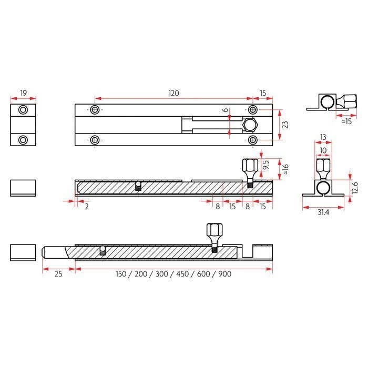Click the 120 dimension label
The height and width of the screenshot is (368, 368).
click(x=173, y=93)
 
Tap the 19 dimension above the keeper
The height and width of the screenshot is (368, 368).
click(x=24, y=93)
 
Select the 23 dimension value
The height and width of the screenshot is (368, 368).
click(x=285, y=125)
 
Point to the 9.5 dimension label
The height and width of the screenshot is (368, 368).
click(x=266, y=165)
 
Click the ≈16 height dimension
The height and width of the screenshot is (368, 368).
click(x=285, y=169)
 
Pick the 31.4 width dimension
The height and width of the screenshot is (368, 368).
click(x=323, y=212)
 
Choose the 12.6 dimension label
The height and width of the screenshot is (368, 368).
click(x=355, y=188)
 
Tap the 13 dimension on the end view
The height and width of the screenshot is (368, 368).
click(x=323, y=137)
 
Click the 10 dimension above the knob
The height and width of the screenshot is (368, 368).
click(x=323, y=150)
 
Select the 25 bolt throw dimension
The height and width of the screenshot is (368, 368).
click(x=58, y=274)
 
